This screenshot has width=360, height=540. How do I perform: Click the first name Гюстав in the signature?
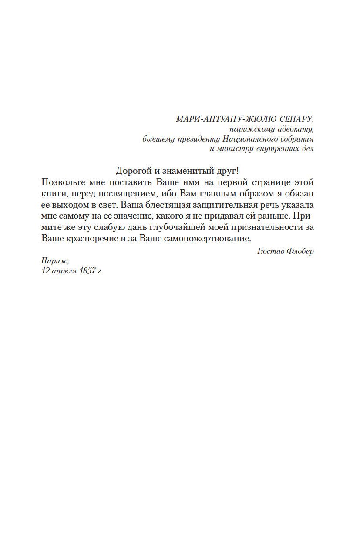pyautogui.click(x=270, y=252)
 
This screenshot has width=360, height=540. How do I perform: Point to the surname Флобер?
pyautogui.click(x=300, y=252)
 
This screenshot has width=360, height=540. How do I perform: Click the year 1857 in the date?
pyautogui.click(x=84, y=271)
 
